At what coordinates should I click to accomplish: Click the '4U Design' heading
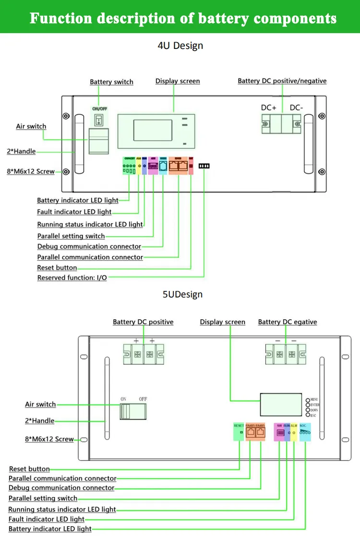pos(180,46)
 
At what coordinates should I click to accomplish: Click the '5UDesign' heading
pos(182,294)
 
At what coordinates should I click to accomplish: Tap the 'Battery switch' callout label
pos(111,82)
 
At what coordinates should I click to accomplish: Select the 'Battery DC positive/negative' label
pos(282,81)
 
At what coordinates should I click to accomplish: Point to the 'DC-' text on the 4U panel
pos(296,108)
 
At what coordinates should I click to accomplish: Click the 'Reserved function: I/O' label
pos(72,278)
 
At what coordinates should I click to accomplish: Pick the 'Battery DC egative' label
pos(287,322)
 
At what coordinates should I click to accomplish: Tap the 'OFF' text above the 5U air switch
pos(143,399)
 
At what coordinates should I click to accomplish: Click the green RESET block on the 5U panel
pos(239,432)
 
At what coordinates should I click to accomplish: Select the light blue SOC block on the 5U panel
pos(305,432)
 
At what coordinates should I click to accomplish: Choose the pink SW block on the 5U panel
pos(280,432)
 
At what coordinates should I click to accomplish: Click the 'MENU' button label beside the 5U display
pos(315,399)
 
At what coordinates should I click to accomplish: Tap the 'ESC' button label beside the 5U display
pos(313,415)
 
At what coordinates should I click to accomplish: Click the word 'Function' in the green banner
pos(60,18)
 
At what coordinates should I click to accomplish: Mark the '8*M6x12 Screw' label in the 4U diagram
pos(31,171)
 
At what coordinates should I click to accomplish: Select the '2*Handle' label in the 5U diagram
pos(39,421)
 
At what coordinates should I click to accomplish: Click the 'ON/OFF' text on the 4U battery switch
pos(100,109)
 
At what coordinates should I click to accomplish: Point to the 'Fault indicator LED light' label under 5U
pos(47,519)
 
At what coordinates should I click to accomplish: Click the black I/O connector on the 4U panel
pos(204,166)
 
